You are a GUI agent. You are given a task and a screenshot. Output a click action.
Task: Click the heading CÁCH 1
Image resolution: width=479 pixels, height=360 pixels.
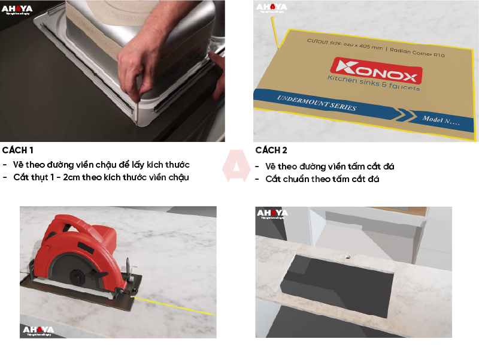pos(18,150)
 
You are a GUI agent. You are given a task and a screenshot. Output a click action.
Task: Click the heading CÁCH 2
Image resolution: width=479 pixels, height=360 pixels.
pos(271,150)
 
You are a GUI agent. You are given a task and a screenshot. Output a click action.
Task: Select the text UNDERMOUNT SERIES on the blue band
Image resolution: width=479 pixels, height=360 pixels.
pos(317,103)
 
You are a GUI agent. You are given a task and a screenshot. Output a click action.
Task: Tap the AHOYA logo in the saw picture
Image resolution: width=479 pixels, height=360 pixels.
pos(38,330)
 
